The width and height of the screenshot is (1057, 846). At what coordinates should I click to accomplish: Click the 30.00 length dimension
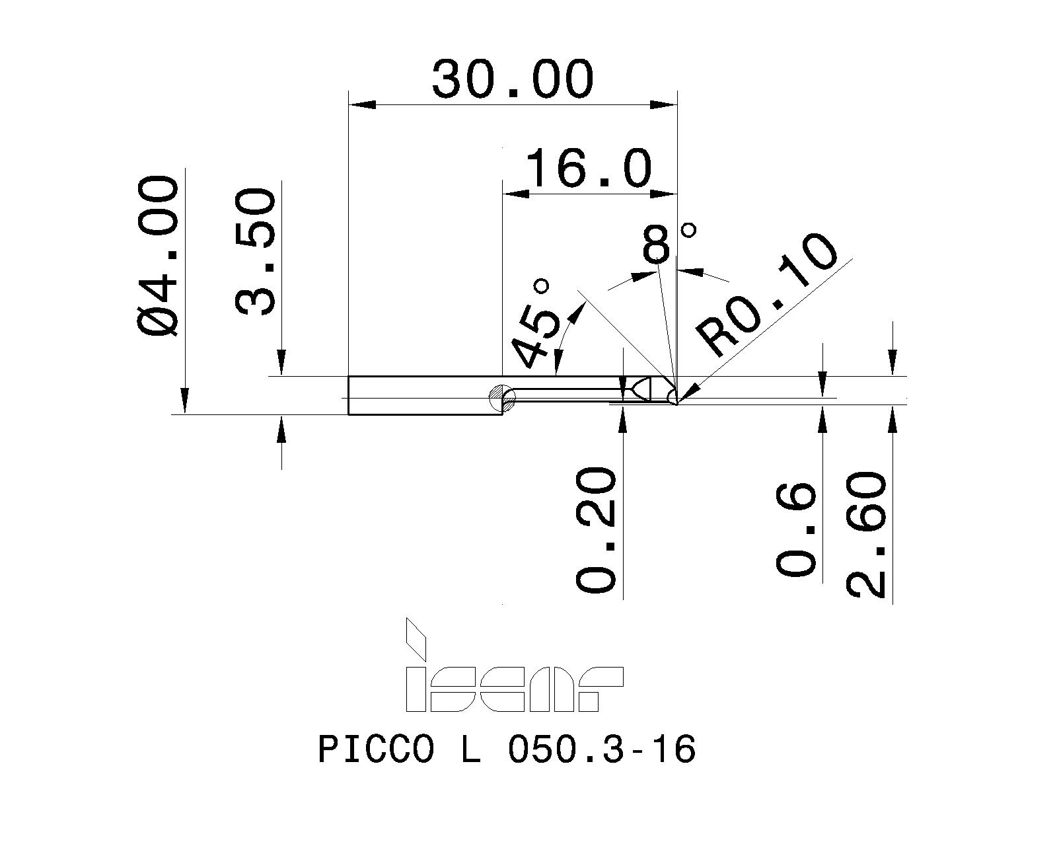coord(513,79)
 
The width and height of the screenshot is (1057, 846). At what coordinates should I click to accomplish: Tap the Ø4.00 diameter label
coord(158,256)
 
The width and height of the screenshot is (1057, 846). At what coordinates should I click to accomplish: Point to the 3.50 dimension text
coord(255,251)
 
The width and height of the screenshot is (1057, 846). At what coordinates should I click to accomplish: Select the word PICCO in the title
coord(377,750)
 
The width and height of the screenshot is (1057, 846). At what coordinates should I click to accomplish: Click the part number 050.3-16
coord(601,750)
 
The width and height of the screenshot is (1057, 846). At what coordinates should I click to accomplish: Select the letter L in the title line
coord(470,750)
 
